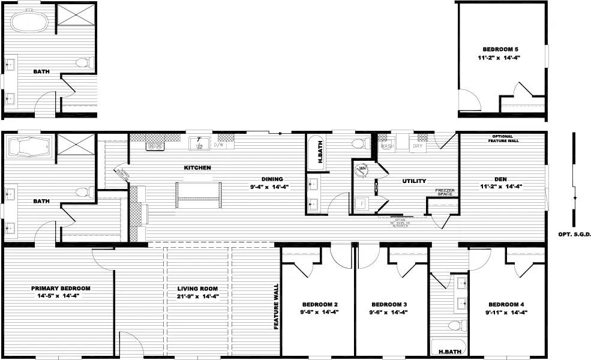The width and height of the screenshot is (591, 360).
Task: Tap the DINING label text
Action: pyautogui.click(x=271, y=178)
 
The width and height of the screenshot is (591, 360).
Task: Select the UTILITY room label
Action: pyautogui.click(x=414, y=181)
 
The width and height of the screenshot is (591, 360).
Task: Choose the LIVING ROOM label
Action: pyautogui.click(x=197, y=288)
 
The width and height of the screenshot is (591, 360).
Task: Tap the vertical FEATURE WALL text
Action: pyautogui.click(x=277, y=305)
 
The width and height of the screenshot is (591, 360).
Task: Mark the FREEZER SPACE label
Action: pyautogui.click(x=444, y=192)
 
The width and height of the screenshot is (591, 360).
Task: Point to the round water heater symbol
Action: pyautogui.click(x=362, y=170)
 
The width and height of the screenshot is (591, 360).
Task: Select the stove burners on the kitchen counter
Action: pyautogui.click(x=156, y=145)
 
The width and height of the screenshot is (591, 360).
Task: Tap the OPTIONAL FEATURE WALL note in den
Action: pyautogui.click(x=505, y=139)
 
